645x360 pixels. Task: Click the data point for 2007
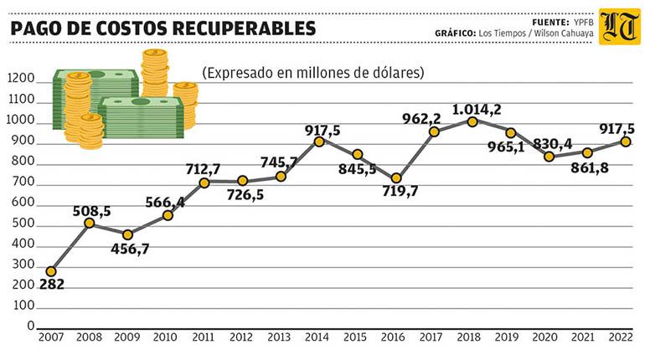click(51, 271)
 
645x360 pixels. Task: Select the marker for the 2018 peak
click(472, 121)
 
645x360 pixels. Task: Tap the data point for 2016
click(396, 178)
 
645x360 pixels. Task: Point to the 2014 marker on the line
click(319, 141)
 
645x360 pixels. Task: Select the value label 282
click(51, 285)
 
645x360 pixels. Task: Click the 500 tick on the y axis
click(23, 224)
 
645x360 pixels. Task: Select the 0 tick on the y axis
click(29, 327)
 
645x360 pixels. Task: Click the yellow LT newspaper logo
click(619, 27)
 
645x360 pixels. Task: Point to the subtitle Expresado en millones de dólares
click(312, 73)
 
